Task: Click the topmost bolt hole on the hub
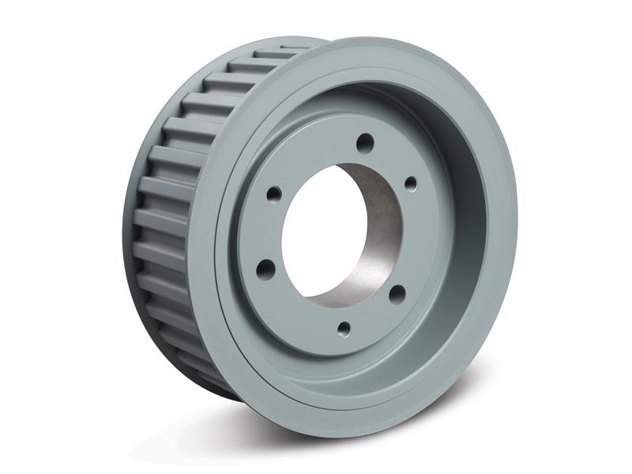pos(364,143)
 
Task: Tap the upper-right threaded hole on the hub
pos(410,184)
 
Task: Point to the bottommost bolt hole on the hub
pos(343,325)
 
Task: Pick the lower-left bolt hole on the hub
pos(267,267)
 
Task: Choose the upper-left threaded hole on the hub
pos(272,192)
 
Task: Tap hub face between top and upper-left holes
pos(312,158)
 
